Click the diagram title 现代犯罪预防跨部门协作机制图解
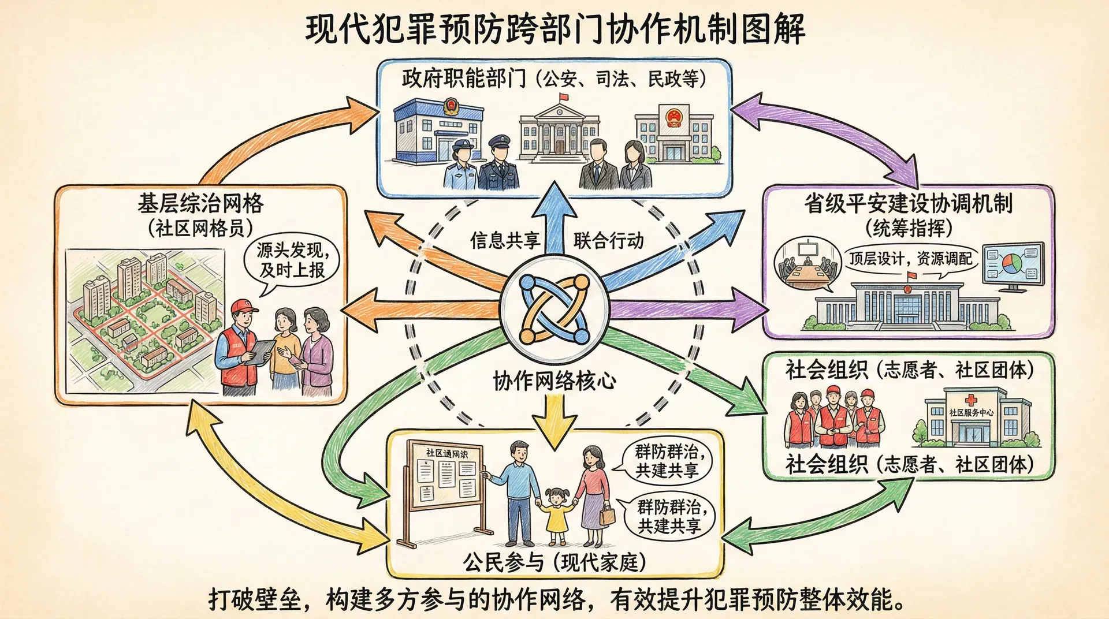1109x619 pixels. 554,29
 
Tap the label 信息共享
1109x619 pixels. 505,240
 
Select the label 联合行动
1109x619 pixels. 608,240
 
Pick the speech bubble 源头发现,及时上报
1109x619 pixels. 292,260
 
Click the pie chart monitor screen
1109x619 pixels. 1014,264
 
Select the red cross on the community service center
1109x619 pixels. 971,399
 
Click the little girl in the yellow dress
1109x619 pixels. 557,514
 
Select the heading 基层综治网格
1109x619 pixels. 200,203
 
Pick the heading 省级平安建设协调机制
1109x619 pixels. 909,203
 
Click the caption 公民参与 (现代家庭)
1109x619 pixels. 554,562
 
